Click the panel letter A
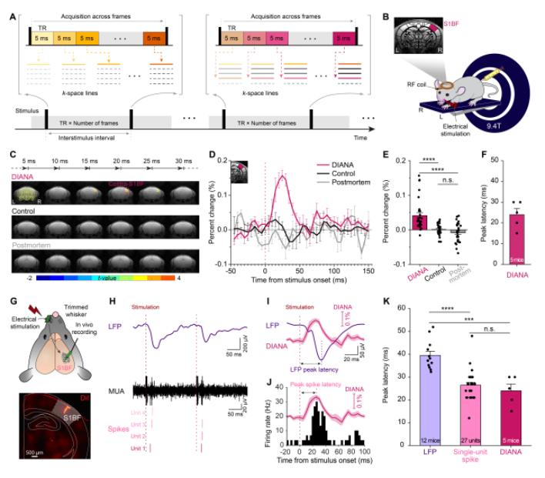coord(10,7)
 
